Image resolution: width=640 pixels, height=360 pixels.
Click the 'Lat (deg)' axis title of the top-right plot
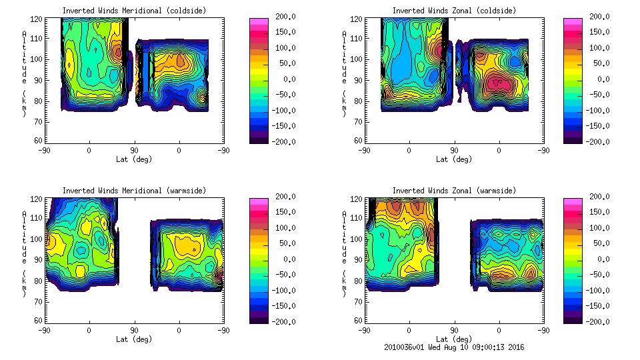[453, 159]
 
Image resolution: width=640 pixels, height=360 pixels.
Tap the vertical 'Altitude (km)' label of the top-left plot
[25, 73]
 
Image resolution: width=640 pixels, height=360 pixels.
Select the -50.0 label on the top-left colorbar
[283, 95]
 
